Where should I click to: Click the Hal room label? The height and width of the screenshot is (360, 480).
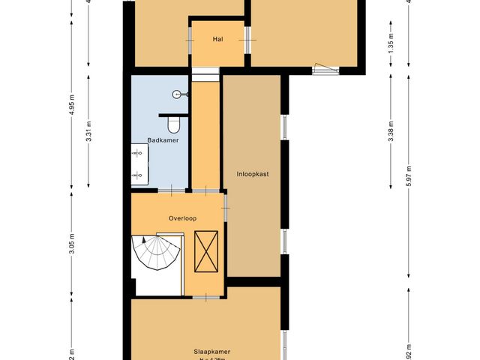pyautogui.click(x=218, y=39)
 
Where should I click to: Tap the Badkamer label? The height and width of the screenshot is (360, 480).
pyautogui.click(x=161, y=140)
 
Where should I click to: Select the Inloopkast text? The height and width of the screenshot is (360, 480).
pyautogui.click(x=252, y=173)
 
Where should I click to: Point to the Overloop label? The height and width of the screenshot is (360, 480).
pyautogui.click(x=182, y=218)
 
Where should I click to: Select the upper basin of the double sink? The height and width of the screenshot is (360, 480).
pyautogui.click(x=138, y=153)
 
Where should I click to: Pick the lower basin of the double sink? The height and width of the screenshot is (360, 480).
pyautogui.click(x=138, y=176)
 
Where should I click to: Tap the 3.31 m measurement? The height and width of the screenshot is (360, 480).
pyautogui.click(x=89, y=131)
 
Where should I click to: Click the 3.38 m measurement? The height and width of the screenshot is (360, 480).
pyautogui.click(x=391, y=131)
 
